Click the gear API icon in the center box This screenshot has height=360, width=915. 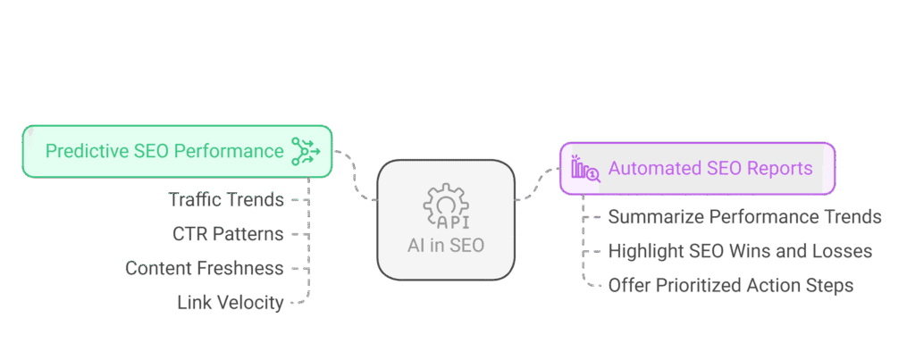pyautogui.click(x=446, y=207)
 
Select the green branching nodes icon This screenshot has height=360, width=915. pyautogui.click(x=306, y=151)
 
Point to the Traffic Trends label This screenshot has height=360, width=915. pyautogui.click(x=227, y=200)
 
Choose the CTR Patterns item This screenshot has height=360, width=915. pyautogui.click(x=228, y=234)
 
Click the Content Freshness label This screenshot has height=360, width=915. pyautogui.click(x=205, y=268)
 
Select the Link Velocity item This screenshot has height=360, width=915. pyautogui.click(x=230, y=303)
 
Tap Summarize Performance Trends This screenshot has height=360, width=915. pyautogui.click(x=744, y=217)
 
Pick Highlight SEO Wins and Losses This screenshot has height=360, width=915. pyautogui.click(x=740, y=252)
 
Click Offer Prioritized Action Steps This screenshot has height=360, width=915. pyautogui.click(x=730, y=286)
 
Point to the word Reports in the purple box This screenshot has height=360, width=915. pyautogui.click(x=782, y=168)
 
